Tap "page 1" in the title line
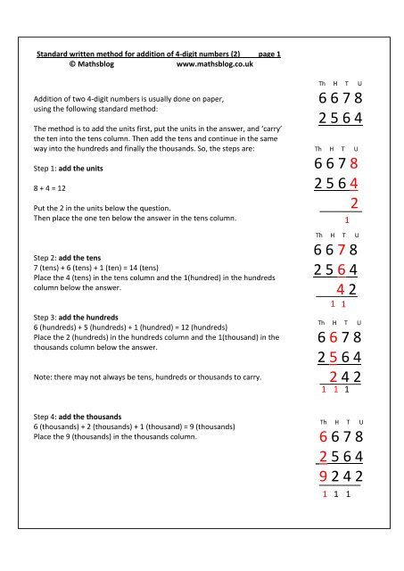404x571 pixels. click(269, 54)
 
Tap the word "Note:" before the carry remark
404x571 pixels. click(44, 377)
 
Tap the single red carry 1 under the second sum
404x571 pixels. click(346, 220)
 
